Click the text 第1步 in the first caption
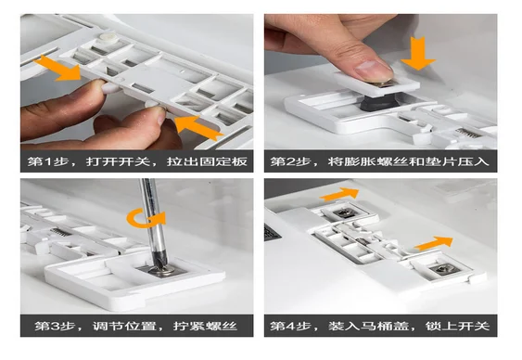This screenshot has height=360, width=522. (x=48, y=161)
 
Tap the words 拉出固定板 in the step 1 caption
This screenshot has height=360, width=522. (x=207, y=161)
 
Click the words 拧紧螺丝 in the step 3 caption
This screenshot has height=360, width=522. (x=205, y=326)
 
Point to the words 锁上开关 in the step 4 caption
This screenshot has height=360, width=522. (x=457, y=326)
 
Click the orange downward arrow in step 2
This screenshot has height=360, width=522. (x=418, y=53)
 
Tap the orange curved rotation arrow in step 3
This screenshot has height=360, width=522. (x=146, y=219)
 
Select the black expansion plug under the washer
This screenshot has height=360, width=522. (x=379, y=103)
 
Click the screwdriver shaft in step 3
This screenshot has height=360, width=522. (x=154, y=220)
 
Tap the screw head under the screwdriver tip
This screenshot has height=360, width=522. (x=162, y=270)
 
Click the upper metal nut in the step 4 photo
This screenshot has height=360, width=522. (x=345, y=212)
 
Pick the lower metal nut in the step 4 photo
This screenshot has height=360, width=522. (x=445, y=269)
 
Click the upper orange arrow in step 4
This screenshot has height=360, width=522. (x=339, y=194)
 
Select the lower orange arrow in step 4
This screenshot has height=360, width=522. (x=434, y=243)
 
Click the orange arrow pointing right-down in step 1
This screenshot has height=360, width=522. (x=58, y=69)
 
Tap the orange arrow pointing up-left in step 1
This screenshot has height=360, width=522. (x=198, y=128)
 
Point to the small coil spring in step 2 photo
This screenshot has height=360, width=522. (x=468, y=134)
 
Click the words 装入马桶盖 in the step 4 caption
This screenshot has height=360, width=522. (x=369, y=326)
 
